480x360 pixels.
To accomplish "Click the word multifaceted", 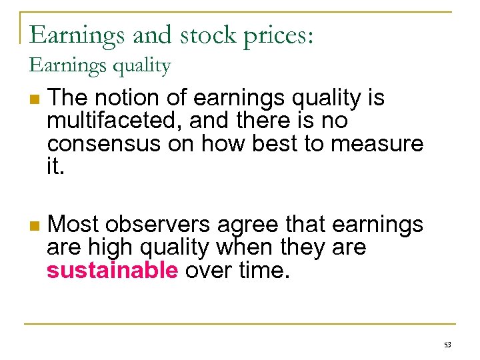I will pyautogui.click(x=107, y=121).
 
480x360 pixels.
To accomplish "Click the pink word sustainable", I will pyautogui.click(x=113, y=271).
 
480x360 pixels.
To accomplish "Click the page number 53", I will pyautogui.click(x=447, y=344).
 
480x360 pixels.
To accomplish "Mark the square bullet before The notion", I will pyautogui.click(x=34, y=100).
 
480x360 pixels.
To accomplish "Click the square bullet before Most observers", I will pyautogui.click(x=34, y=227).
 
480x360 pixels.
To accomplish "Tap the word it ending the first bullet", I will pyautogui.click(x=56, y=167).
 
